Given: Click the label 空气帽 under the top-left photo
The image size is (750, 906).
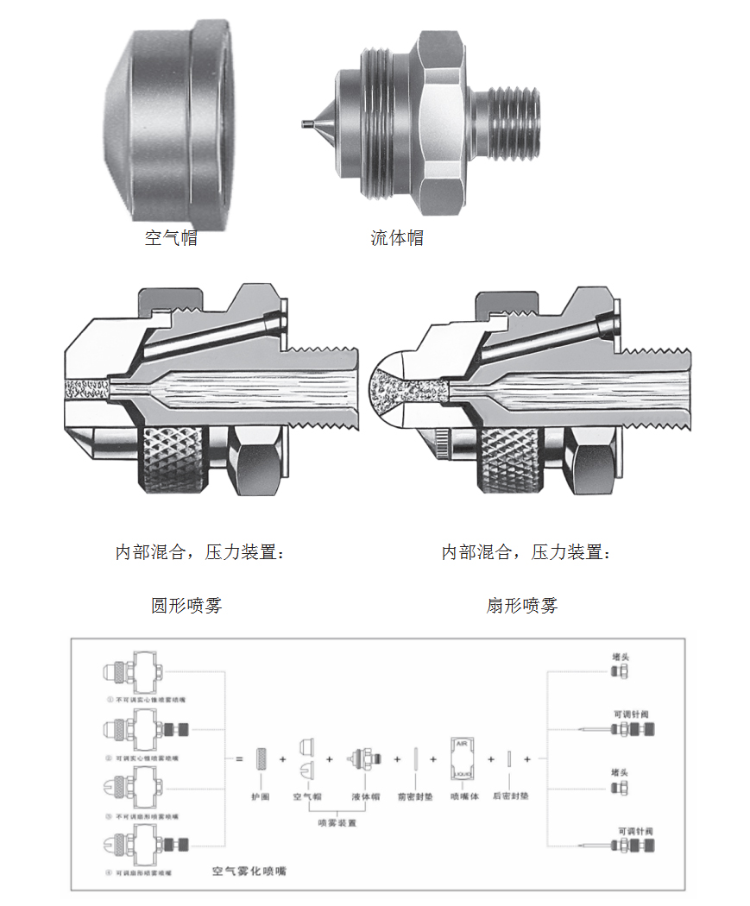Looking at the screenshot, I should tap(171, 238).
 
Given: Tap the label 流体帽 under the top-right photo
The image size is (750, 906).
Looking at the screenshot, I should tap(397, 238).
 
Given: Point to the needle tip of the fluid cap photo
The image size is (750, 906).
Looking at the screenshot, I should tap(307, 123).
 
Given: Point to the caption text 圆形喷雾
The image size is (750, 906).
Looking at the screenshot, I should tap(186, 606).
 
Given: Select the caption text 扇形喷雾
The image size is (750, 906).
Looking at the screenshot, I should tap(522, 606).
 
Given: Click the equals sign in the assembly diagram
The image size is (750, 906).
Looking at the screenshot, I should tap(239, 759).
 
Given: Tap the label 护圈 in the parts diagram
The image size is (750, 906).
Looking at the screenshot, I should tap(260, 796).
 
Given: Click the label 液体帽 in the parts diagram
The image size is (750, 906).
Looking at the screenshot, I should tap(366, 796).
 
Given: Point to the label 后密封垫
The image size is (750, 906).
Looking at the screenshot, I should tap(509, 796).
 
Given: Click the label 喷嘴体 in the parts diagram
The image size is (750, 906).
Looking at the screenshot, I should tap(464, 796).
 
